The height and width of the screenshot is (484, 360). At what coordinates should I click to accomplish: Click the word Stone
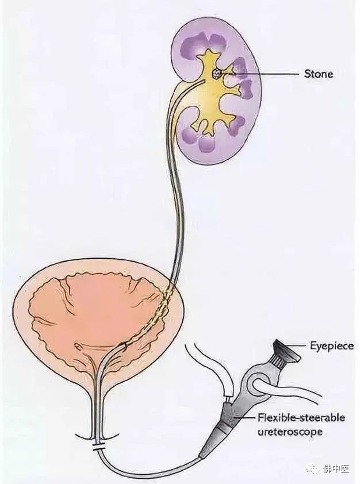point(319,74)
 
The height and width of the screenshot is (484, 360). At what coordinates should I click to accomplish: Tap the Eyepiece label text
point(332,346)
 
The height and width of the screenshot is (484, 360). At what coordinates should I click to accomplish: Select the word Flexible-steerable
point(301,418)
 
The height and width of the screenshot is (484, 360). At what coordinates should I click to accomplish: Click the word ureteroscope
point(290,432)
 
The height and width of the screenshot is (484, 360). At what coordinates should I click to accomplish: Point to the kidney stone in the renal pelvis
point(217,74)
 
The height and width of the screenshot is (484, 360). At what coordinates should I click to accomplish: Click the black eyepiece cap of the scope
point(287,350)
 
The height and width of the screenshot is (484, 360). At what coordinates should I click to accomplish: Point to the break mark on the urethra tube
point(99,446)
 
